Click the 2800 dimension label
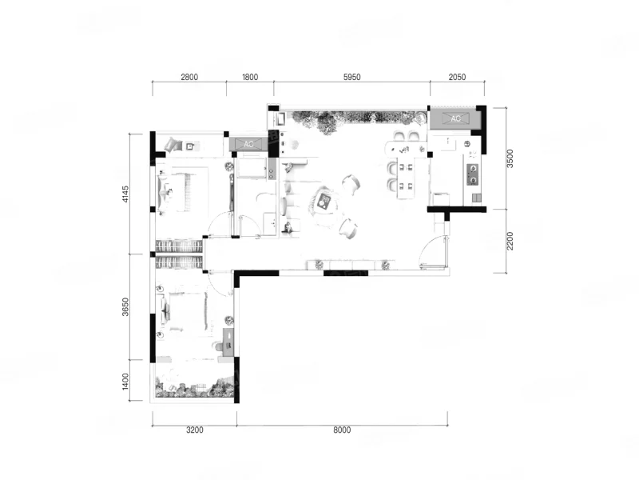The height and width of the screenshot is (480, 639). point(189,77)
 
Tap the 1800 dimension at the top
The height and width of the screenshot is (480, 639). point(250,77)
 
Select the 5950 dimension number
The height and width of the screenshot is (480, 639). point(351,77)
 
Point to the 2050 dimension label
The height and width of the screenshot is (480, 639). point(457,77)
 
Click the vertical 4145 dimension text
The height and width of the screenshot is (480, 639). point(125,194)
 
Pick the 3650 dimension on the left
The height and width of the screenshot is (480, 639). point(125,307)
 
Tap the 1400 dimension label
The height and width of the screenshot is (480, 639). point(125,381)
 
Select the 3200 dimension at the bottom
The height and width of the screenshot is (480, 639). point(194,430)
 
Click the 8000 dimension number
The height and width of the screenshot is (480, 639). point(342,430)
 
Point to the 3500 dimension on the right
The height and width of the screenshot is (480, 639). point(510,158)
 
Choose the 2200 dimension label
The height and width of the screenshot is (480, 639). point(510,241)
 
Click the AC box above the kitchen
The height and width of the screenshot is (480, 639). point(455,118)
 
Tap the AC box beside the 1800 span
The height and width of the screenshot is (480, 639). point(248,144)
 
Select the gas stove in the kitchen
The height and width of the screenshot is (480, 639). point(473,174)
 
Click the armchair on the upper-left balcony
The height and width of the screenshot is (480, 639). point(173,144)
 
